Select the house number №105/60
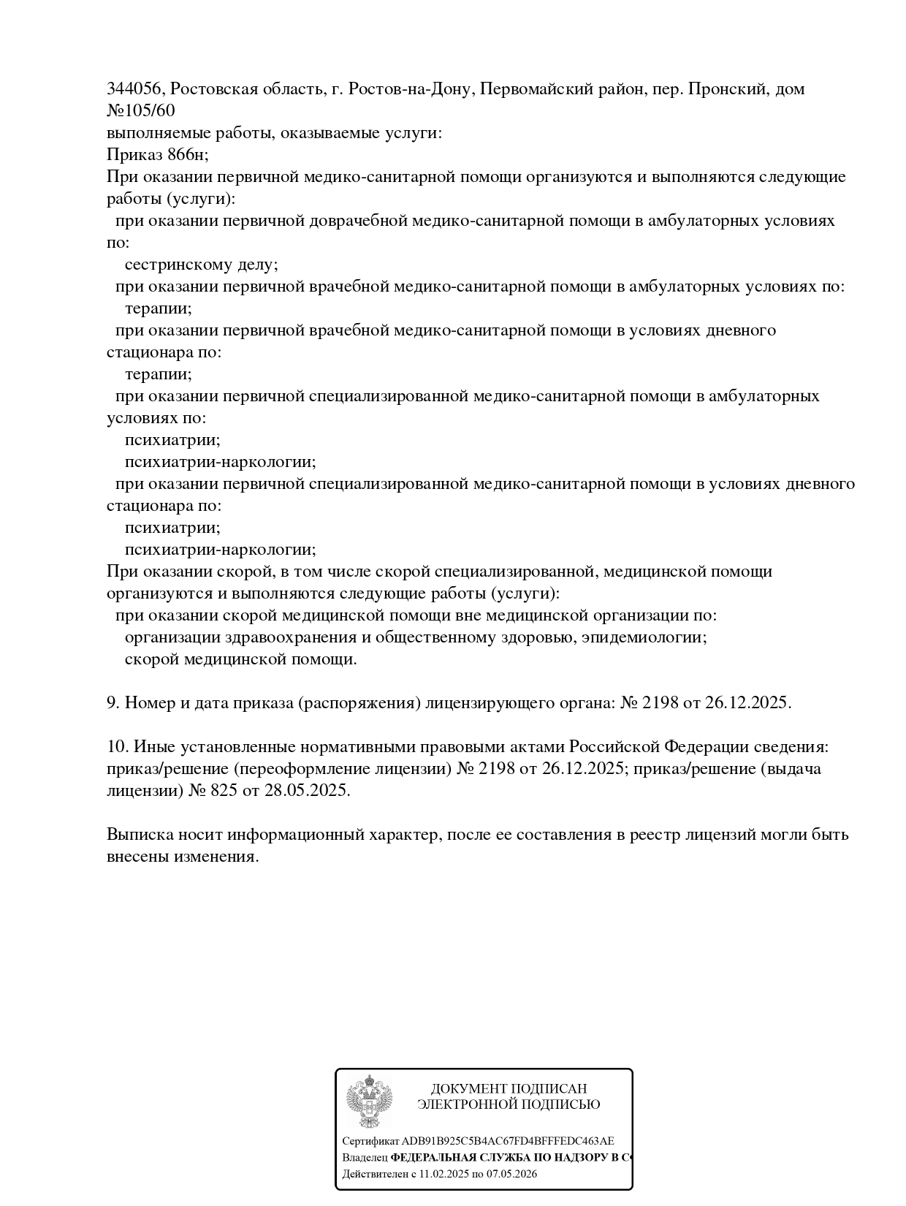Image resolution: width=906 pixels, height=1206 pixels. pyautogui.click(x=141, y=111)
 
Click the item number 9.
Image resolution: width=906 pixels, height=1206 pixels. pyautogui.click(x=113, y=703)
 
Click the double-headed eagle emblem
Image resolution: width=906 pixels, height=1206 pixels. pyautogui.click(x=368, y=1101)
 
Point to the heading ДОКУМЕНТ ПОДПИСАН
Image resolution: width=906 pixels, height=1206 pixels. pyautogui.click(x=509, y=1089)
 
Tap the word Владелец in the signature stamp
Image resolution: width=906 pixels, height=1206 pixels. pyautogui.click(x=365, y=1158)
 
